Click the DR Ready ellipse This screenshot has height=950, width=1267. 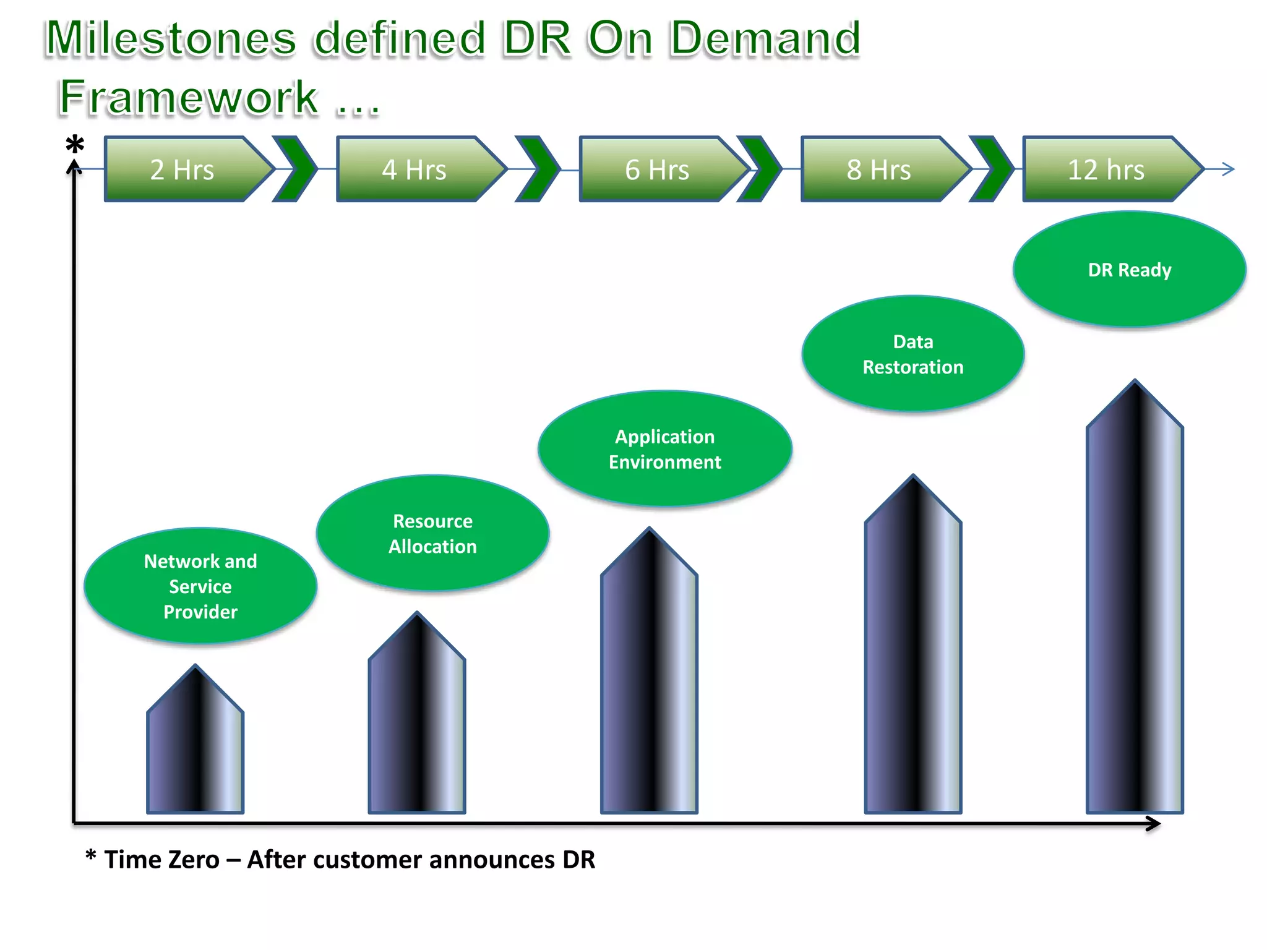1130,270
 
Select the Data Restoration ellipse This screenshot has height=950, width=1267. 913,354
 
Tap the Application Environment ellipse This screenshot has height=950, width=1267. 665,449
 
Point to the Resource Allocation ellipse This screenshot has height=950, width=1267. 432,533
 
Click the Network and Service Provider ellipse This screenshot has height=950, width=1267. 200,586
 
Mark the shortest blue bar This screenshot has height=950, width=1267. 195,748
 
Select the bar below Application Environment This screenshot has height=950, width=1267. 649,680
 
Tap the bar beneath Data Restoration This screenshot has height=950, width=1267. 913,656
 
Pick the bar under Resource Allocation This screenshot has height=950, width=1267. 416,724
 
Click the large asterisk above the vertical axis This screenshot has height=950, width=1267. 75,146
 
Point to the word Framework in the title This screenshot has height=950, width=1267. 189,98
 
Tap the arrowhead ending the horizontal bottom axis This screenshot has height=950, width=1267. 1153,824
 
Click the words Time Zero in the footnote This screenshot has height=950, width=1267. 161,860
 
